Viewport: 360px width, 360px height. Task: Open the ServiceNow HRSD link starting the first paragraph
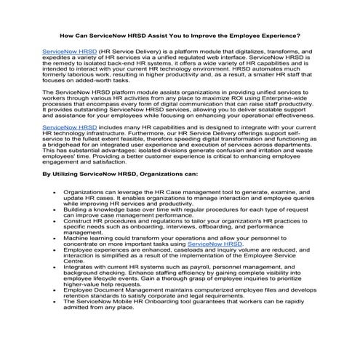pyautogui.click(x=70, y=52)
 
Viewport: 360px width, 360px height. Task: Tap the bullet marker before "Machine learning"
pyautogui.click(x=57, y=239)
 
